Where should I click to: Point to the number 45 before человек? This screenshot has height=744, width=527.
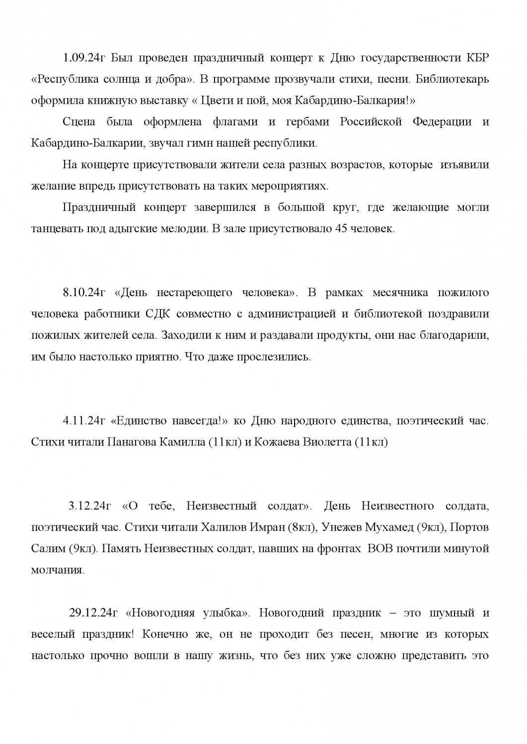(334, 229)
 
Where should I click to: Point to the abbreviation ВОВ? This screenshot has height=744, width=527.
(380, 549)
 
